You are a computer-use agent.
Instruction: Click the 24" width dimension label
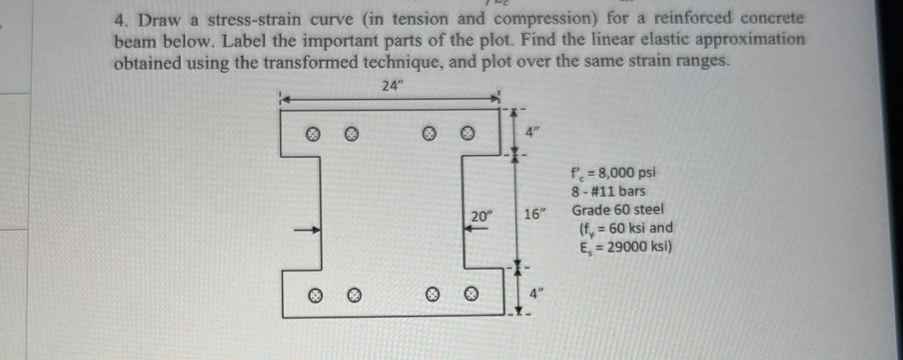click(392, 86)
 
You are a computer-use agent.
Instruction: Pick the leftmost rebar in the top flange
click(312, 134)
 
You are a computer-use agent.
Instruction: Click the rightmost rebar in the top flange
click(467, 133)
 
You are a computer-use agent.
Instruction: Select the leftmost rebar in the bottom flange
click(316, 296)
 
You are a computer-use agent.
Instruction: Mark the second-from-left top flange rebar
click(351, 134)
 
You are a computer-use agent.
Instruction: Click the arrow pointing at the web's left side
click(307, 230)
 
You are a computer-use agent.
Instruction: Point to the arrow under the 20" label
click(476, 228)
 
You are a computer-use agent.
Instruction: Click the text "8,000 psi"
click(627, 173)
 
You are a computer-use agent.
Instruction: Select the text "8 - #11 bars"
click(608, 192)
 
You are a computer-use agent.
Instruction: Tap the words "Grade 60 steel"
click(618, 210)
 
